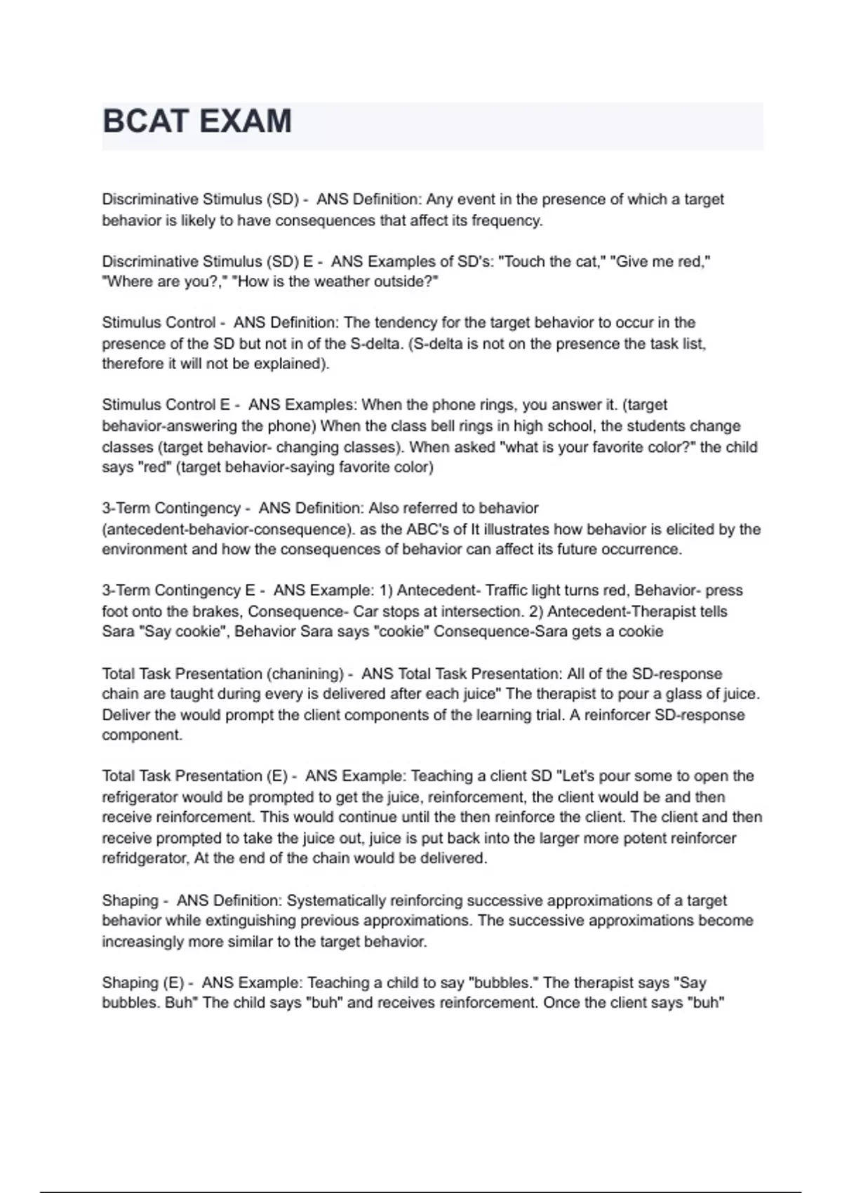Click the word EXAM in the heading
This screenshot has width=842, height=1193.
[246, 121]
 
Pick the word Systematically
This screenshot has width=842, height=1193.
[336, 900]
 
